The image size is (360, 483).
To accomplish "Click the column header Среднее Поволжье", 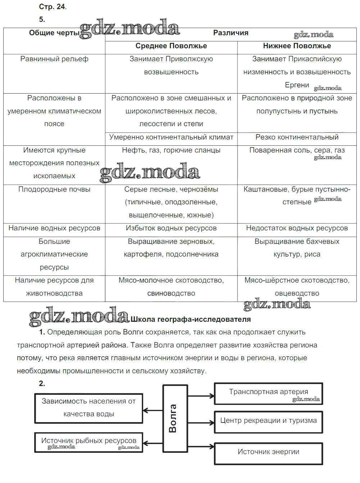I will click(171, 46).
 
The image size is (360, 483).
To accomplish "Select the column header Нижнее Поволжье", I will click(297, 46).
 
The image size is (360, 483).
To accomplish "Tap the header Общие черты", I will click(54, 33).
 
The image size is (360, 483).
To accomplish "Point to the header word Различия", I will click(231, 33).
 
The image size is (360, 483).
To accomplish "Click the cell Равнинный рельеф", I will click(54, 59).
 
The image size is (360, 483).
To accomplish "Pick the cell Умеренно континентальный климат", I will click(171, 137).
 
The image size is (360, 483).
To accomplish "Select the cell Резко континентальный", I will click(297, 137).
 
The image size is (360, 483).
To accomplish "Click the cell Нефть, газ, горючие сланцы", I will click(171, 150).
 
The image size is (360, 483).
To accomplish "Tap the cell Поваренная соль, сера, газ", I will click(297, 150).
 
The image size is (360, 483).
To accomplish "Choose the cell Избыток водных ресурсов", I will click(171, 228).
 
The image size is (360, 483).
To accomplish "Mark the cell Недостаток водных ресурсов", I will click(297, 228).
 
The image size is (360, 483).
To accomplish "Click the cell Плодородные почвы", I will click(54, 189).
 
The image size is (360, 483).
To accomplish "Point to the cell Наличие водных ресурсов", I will click(54, 228).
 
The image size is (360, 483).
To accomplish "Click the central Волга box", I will click(175, 418).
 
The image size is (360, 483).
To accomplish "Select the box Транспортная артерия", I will click(268, 393).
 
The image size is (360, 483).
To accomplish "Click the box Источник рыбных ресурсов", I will click(89, 442).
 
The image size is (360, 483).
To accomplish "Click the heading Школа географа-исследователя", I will click(190, 319).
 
